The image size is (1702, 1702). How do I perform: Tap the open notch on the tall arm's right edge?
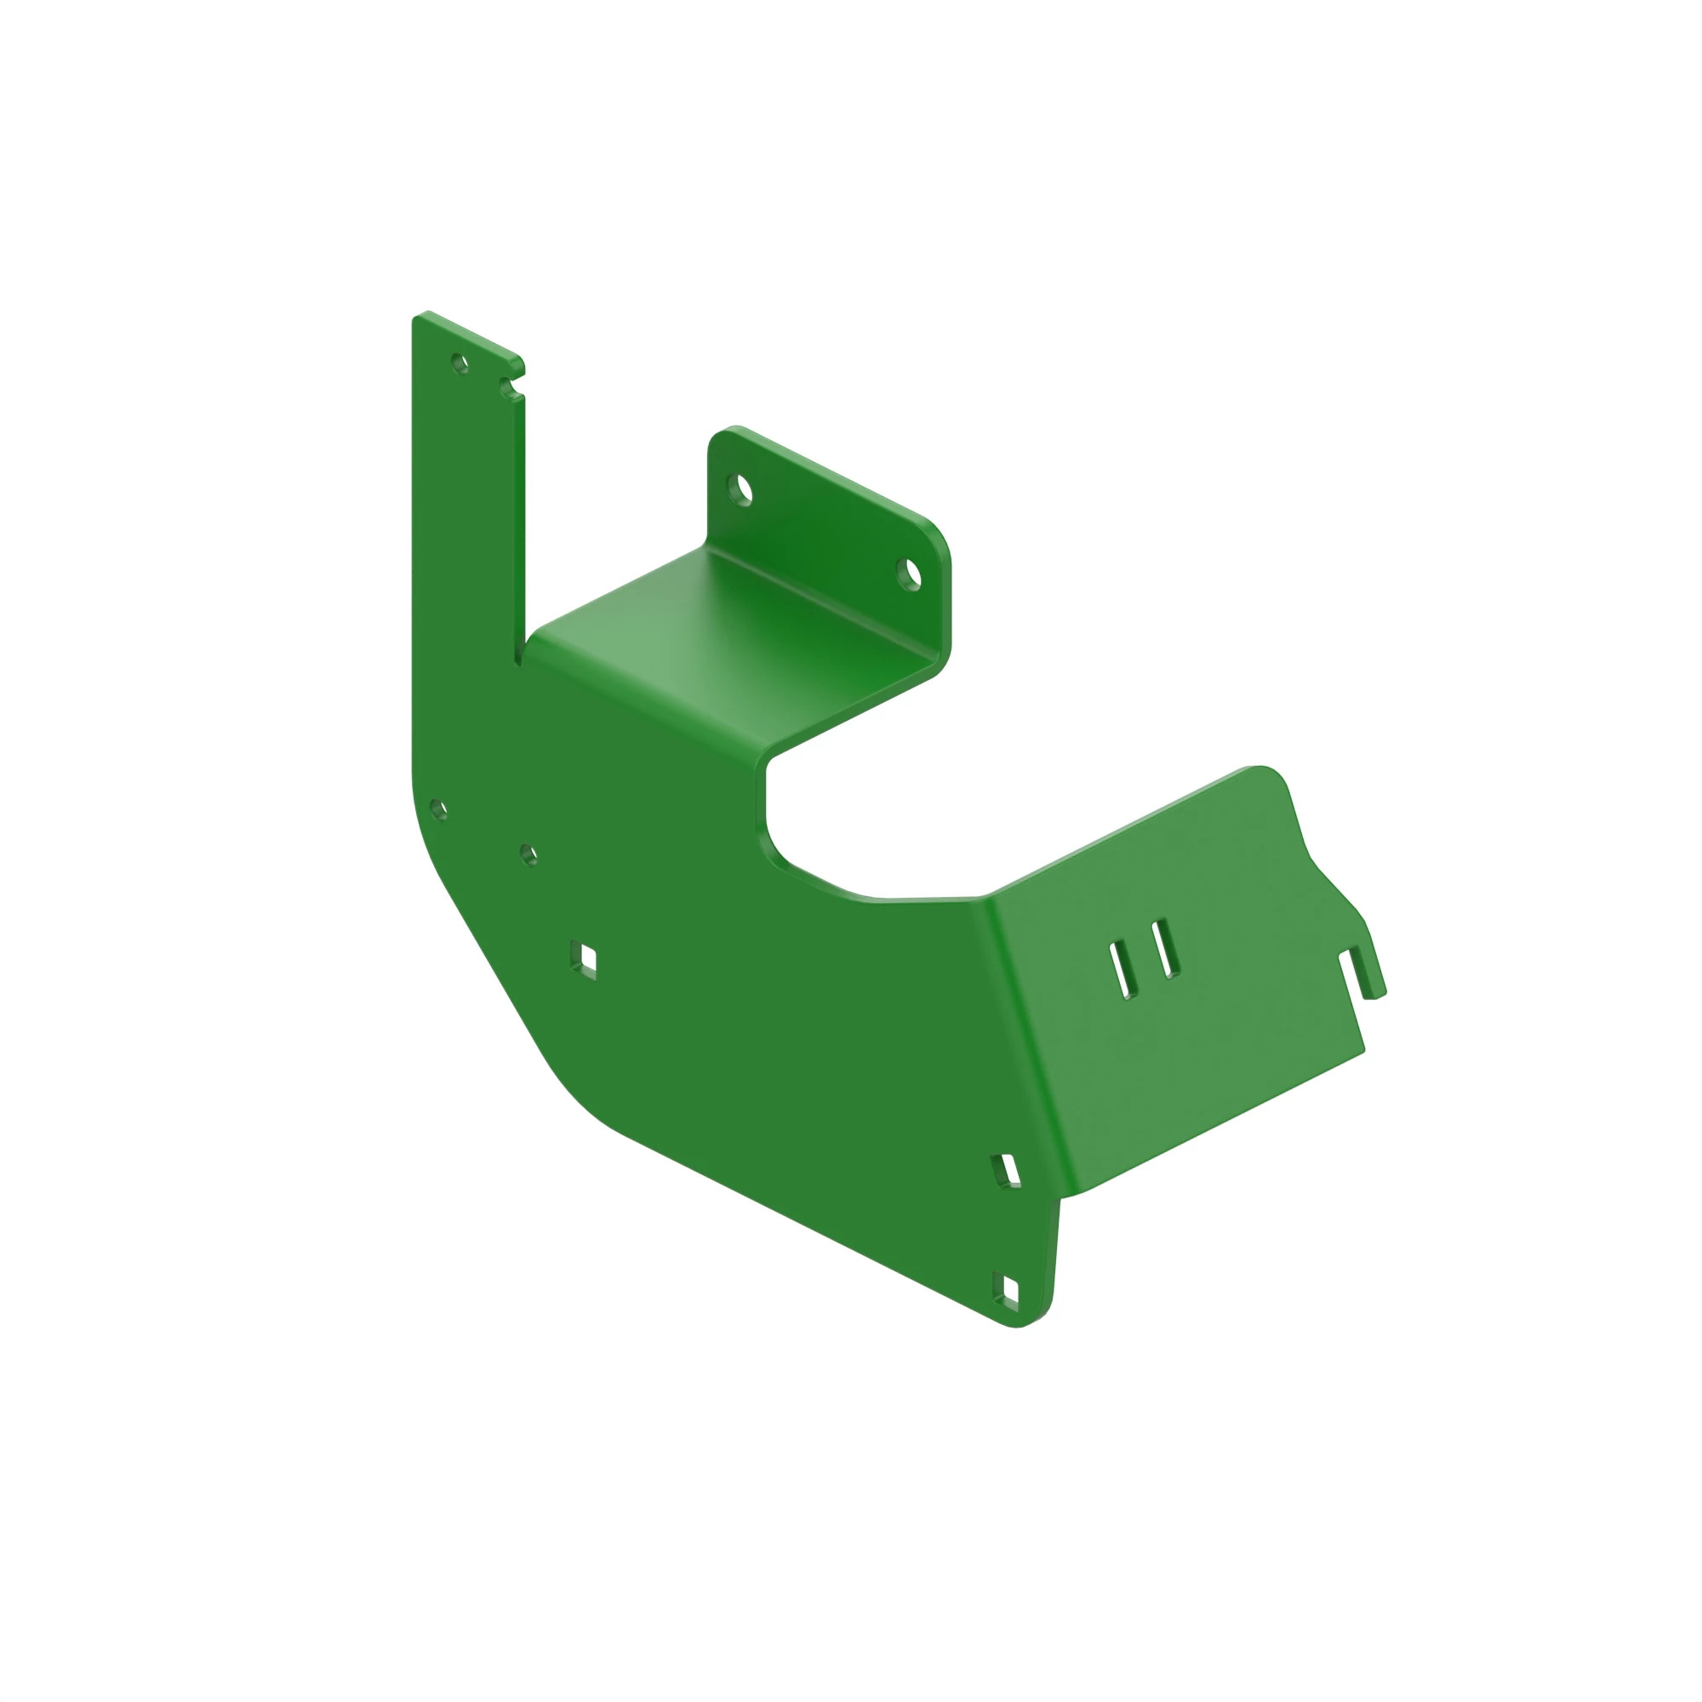click(x=510, y=385)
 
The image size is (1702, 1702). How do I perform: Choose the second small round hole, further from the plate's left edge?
click(x=528, y=854)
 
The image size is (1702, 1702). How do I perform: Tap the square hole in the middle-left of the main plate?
click(x=584, y=957)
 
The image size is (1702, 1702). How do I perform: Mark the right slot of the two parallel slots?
click(x=1166, y=948)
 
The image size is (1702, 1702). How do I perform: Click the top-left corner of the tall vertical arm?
click(x=420, y=318)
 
